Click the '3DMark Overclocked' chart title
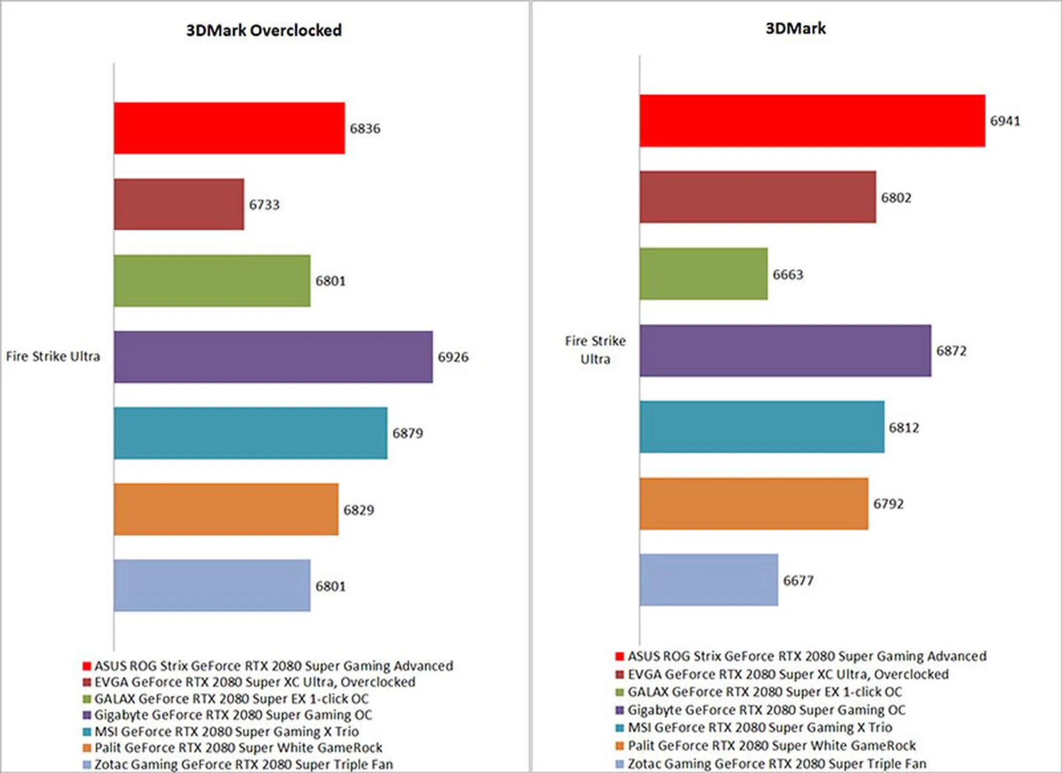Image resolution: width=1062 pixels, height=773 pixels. pos(264,30)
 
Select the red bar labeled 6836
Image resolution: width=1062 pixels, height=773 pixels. pos(229,128)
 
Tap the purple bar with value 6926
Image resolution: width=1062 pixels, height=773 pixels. pos(273,357)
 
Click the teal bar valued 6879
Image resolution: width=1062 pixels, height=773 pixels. pos(251,433)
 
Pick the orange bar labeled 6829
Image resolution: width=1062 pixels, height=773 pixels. pos(226,510)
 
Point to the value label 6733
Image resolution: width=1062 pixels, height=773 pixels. pos(264,205)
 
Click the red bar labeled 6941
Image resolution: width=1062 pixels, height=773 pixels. pos(812,121)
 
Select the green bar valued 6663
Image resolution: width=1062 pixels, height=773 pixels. pos(704,274)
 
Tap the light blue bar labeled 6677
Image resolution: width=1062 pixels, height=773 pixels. pos(709,580)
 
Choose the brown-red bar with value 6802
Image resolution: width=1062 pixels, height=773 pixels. pos(758,197)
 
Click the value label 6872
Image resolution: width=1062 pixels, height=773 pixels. pos(951,351)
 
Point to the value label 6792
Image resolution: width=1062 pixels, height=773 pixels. pos(888,504)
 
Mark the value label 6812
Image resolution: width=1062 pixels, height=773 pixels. pos(904,428)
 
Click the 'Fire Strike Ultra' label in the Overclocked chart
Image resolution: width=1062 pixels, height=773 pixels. pos(53,356)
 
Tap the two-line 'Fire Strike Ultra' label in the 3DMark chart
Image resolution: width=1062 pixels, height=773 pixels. pos(595,350)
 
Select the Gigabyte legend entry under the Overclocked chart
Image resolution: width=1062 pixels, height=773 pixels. pos(233,715)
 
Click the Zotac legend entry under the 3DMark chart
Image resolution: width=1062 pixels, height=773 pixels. pos(777,764)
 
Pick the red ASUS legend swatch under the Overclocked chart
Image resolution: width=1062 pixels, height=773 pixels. pos(87,666)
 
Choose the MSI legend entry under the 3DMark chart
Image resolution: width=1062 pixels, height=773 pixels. pos(759,728)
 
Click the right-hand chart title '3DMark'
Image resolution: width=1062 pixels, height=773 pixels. pos(795,29)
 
